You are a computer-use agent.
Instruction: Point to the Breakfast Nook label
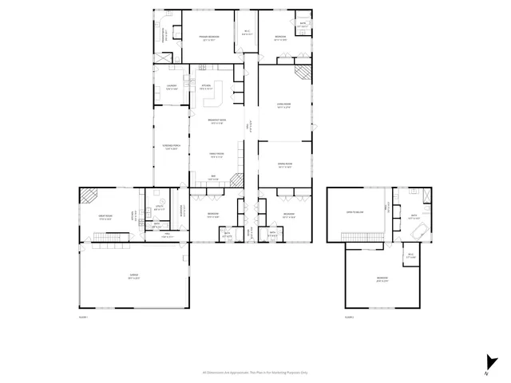216,121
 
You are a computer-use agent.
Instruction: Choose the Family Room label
216,156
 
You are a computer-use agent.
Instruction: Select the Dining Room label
283,166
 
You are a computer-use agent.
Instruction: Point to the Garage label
134,276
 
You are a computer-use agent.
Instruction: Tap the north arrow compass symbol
486,361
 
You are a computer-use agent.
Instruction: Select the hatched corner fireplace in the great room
89,194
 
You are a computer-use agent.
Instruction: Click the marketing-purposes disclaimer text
255,372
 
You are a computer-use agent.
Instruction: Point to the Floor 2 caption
350,317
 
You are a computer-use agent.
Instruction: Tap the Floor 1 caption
83,317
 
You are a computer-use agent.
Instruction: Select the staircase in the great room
109,237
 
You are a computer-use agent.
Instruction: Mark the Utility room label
159,209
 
